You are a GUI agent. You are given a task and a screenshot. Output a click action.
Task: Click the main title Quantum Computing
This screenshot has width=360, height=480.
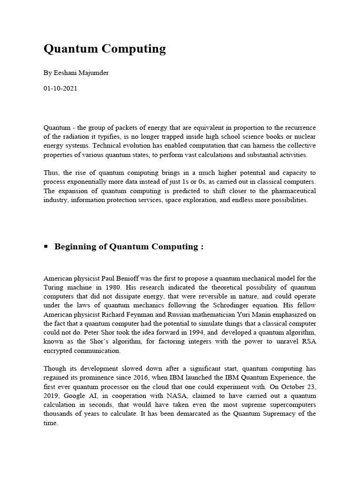[105, 49]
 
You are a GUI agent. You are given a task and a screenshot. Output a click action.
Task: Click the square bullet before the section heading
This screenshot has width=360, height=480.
[46, 247]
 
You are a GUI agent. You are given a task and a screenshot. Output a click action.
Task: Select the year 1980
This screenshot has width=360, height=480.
[108, 287]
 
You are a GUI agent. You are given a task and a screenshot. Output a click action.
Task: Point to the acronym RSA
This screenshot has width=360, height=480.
[307, 341]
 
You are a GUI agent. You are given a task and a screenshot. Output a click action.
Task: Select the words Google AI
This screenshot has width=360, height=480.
[77, 396]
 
